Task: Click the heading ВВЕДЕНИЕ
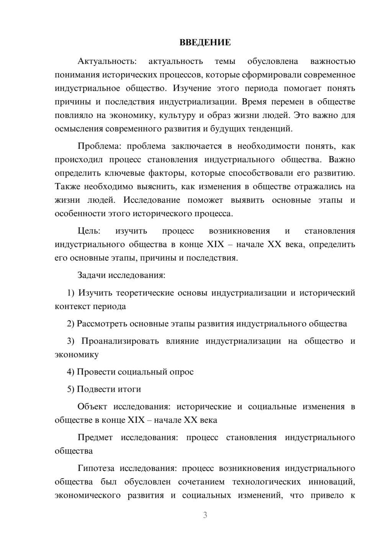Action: click(205, 42)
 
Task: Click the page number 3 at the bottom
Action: click(205, 515)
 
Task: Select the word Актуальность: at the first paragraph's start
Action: click(106, 61)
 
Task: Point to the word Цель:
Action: click(89, 231)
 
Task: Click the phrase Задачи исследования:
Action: click(121, 275)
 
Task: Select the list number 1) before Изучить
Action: click(70, 293)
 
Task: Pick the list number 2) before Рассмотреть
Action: click(70, 324)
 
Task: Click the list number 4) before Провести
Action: click(70, 372)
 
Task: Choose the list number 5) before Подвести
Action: click(70, 389)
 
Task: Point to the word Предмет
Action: click(95, 437)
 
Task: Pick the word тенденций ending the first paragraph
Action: click(272, 129)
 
